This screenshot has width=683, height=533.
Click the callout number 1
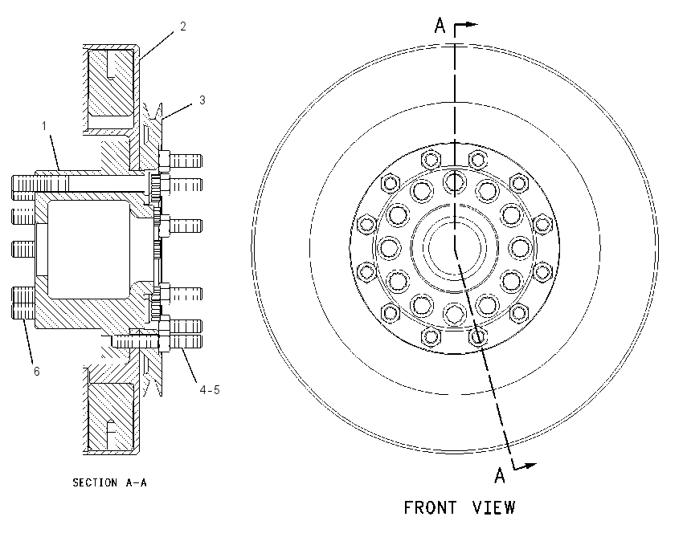pos(44,126)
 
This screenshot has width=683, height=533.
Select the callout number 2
pos(183,26)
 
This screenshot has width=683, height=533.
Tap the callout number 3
pos(202,100)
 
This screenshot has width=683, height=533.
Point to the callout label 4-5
pos(210,389)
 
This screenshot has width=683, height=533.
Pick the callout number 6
pos(37,371)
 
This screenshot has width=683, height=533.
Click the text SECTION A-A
pos(110,482)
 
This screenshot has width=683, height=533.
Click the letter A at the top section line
pos(440,25)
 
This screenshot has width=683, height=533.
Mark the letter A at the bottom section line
pos(500,475)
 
